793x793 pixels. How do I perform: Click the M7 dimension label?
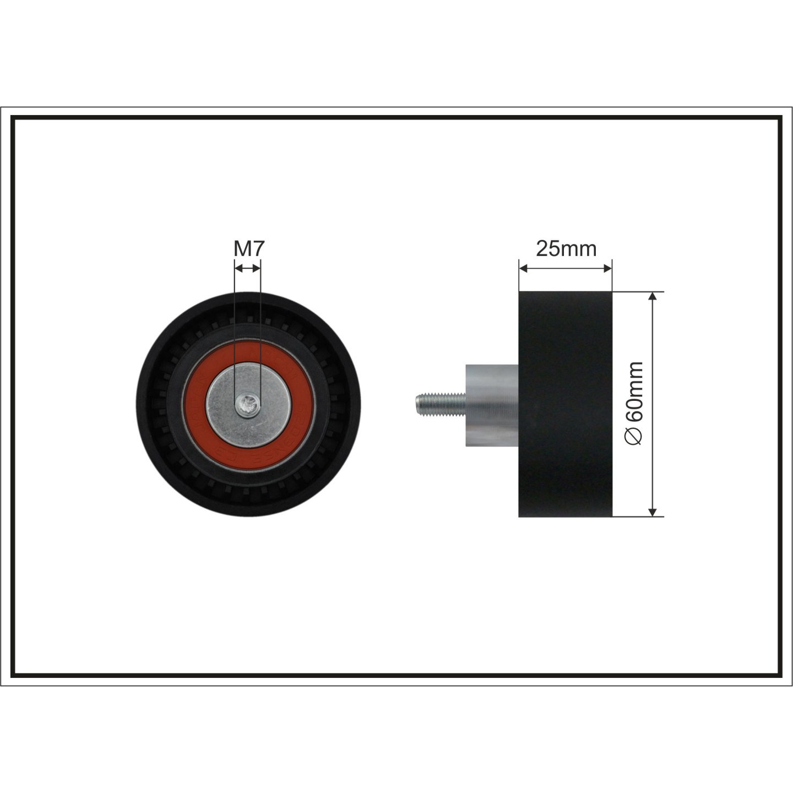click(x=248, y=248)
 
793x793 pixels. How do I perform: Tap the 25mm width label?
click(x=566, y=248)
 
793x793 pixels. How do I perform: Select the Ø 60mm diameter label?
click(x=633, y=403)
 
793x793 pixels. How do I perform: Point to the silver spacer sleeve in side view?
click(x=492, y=405)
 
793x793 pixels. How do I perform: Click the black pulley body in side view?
click(x=566, y=404)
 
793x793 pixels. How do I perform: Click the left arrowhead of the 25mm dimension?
click(x=523, y=269)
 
